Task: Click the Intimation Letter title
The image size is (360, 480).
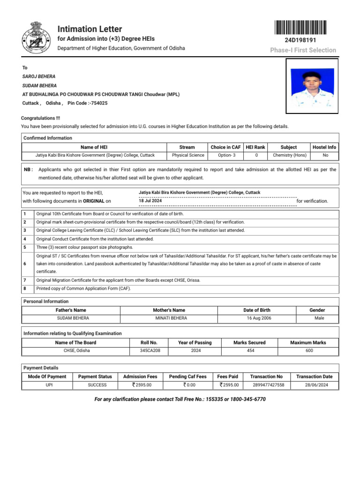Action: [x=90, y=29]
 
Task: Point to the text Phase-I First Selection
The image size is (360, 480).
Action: [x=303, y=50]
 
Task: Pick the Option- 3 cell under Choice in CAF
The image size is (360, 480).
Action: [x=225, y=155]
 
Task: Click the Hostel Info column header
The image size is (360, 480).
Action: [x=324, y=147]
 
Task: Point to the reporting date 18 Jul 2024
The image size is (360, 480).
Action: [x=150, y=201]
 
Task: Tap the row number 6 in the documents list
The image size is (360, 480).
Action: [x=24, y=264]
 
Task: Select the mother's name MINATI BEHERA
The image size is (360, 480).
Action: [x=171, y=318]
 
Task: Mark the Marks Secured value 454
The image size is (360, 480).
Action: [x=251, y=350]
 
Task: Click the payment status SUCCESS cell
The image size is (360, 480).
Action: [x=97, y=385]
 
